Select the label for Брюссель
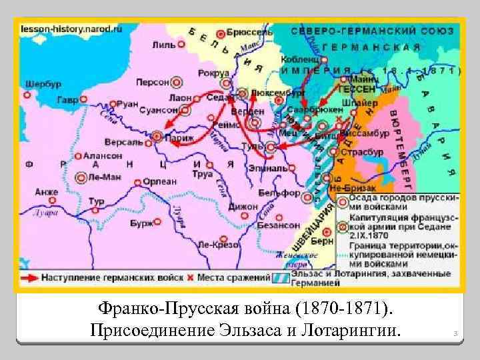pyautogui.click(x=250, y=31)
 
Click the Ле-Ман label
pyautogui.click(x=103, y=177)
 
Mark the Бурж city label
pyautogui.click(x=141, y=223)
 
